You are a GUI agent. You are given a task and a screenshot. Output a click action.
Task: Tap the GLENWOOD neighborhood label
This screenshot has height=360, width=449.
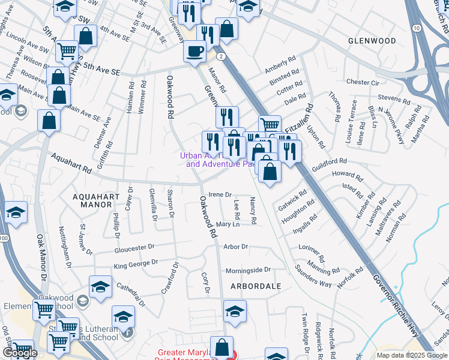pos(372,41)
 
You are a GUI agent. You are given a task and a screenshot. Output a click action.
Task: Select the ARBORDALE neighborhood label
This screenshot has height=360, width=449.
pos(253,286)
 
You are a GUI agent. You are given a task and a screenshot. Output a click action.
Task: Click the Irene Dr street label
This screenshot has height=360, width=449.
pos(220,194)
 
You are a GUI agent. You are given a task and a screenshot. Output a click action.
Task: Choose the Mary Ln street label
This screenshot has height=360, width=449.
pos(228,224)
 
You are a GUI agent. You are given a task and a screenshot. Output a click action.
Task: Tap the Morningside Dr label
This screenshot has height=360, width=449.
pos(248,270)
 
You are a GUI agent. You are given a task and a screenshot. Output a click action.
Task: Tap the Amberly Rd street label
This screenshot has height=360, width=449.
pos(281,67)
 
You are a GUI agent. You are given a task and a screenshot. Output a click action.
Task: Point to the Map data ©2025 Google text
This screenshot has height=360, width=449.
pos(412,355)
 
